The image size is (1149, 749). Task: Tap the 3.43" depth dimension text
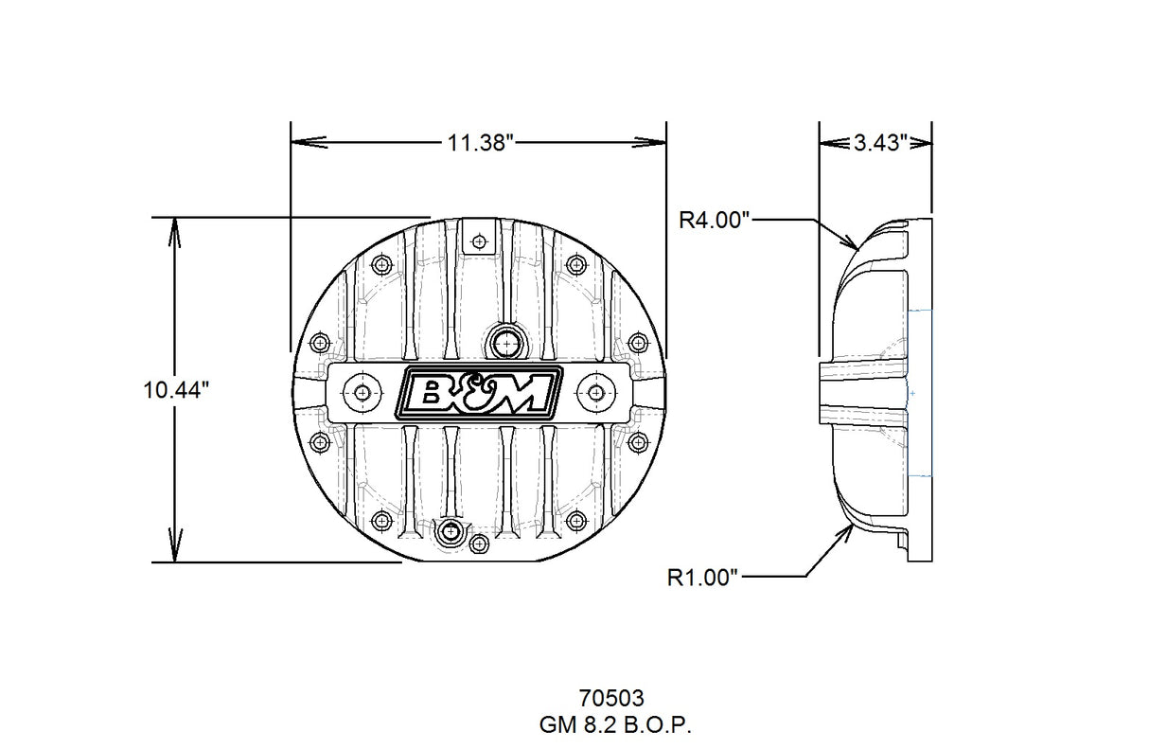[x=880, y=143]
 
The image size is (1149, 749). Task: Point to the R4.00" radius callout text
[x=715, y=220]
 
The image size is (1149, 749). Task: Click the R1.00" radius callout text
[x=701, y=577]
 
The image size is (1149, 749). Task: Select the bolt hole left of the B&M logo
[x=362, y=391]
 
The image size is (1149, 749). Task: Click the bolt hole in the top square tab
[x=479, y=241]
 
